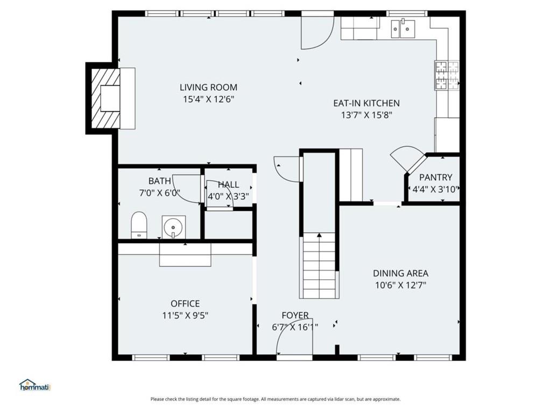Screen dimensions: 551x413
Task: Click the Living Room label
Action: coord(208,87)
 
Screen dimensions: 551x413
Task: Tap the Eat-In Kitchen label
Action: coord(366,103)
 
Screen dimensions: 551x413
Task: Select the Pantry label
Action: coord(435,177)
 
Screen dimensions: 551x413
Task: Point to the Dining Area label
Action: coord(400,273)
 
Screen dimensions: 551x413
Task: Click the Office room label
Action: coord(185,304)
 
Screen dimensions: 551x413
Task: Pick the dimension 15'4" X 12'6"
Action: coord(208,99)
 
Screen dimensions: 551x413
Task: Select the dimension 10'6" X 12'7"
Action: coord(400,285)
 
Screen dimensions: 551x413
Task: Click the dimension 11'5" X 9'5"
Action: coord(185,316)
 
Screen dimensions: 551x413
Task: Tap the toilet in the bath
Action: coord(139,225)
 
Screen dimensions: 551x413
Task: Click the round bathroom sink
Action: coord(173,226)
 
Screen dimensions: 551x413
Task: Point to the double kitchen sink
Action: coord(403,29)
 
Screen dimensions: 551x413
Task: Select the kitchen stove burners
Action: coord(447,75)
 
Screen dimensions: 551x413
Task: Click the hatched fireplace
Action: coord(106,98)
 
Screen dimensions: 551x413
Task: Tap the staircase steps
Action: coord(319,266)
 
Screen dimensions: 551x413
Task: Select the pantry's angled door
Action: coord(408,158)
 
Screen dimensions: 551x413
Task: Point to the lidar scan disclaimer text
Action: coord(275,399)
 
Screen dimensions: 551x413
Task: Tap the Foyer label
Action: coord(295,315)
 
